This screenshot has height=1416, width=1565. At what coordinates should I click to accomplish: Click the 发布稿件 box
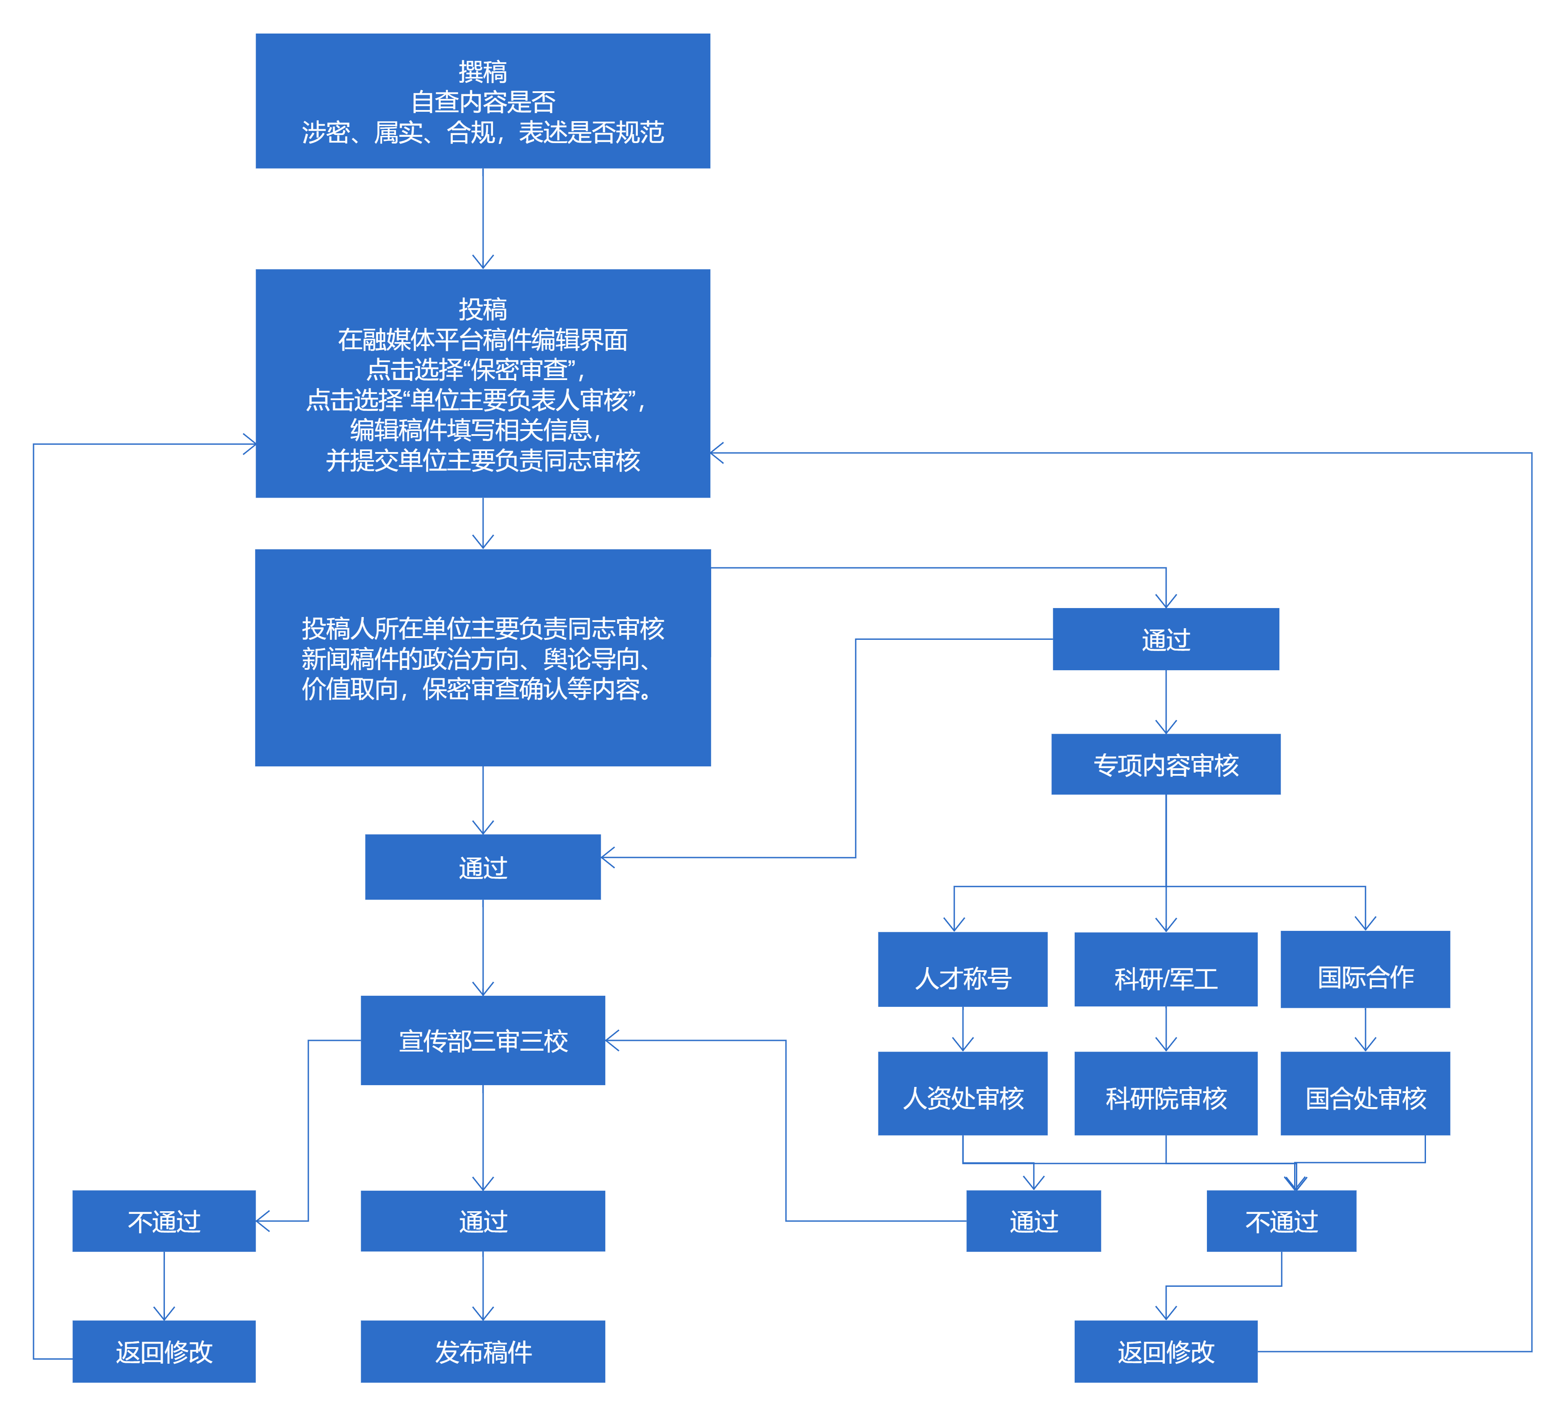point(483,1352)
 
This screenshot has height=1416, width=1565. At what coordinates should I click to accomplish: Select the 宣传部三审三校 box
point(483,1040)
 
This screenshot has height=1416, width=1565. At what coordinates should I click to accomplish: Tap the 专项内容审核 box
point(1166,765)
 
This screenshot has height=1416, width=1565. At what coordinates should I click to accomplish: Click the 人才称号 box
point(962,970)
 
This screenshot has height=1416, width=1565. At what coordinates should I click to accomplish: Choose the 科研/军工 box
point(1166,970)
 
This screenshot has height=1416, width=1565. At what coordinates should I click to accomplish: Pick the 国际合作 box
point(1366,970)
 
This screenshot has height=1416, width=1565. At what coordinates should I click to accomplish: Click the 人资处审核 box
point(962,1094)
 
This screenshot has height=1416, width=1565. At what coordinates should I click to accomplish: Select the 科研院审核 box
point(1166,1094)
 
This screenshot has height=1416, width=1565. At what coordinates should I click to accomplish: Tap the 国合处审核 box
point(1366,1094)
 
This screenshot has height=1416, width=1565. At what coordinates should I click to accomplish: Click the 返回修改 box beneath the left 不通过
point(164,1352)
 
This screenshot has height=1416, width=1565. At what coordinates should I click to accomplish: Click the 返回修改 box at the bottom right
point(1166,1352)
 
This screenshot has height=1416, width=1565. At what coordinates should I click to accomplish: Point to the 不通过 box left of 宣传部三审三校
point(164,1221)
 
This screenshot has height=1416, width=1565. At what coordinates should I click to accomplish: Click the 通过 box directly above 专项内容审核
point(1166,639)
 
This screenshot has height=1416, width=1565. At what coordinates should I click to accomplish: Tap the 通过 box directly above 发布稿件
point(483,1221)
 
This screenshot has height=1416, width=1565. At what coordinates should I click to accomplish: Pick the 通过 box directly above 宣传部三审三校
point(483,867)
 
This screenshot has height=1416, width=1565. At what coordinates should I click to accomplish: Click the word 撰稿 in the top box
point(483,72)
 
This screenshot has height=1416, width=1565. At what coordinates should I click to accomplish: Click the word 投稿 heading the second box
point(483,309)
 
